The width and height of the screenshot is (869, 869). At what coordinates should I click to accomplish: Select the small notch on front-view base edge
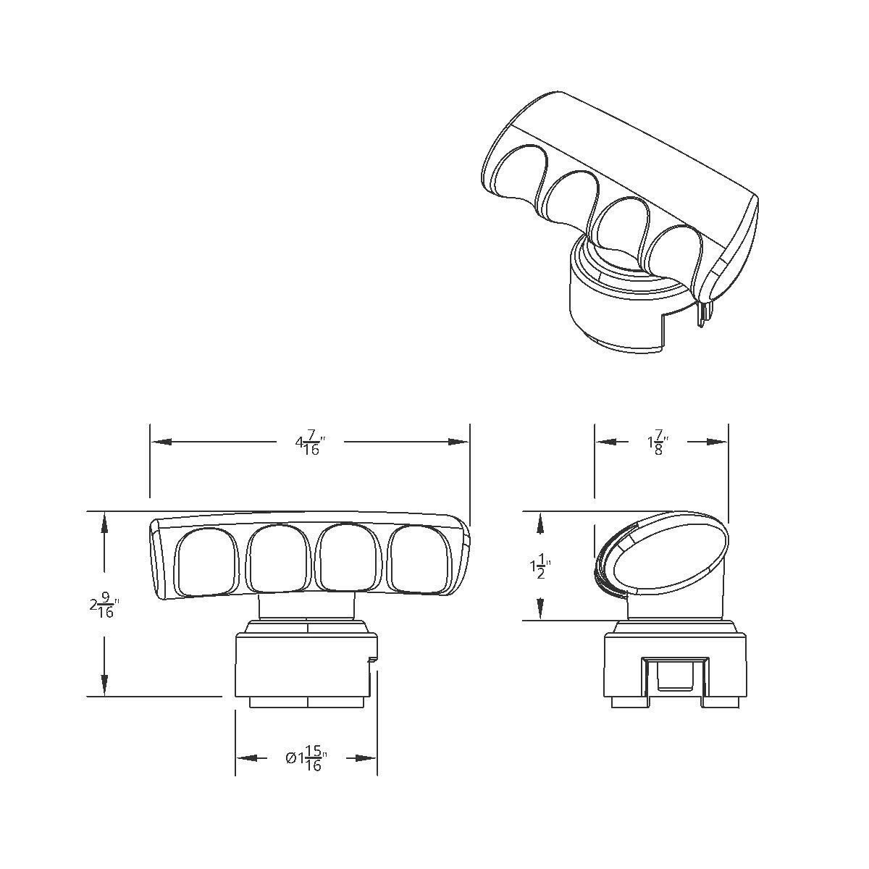point(372,659)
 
